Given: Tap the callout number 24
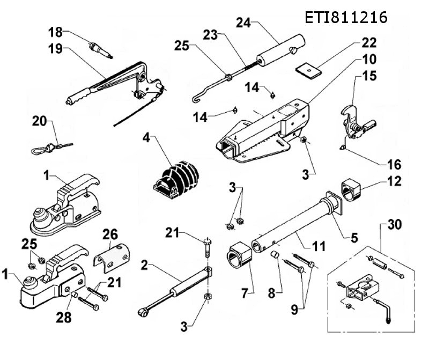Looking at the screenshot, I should pos(243,23).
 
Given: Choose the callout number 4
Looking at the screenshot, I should pos(145,138).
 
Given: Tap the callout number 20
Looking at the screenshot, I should pos(39,122).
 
